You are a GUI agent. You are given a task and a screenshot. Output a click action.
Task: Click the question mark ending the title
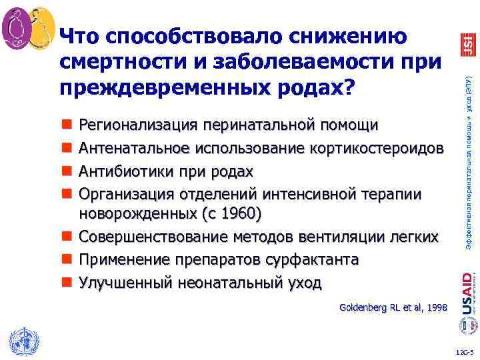click(x=349, y=89)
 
